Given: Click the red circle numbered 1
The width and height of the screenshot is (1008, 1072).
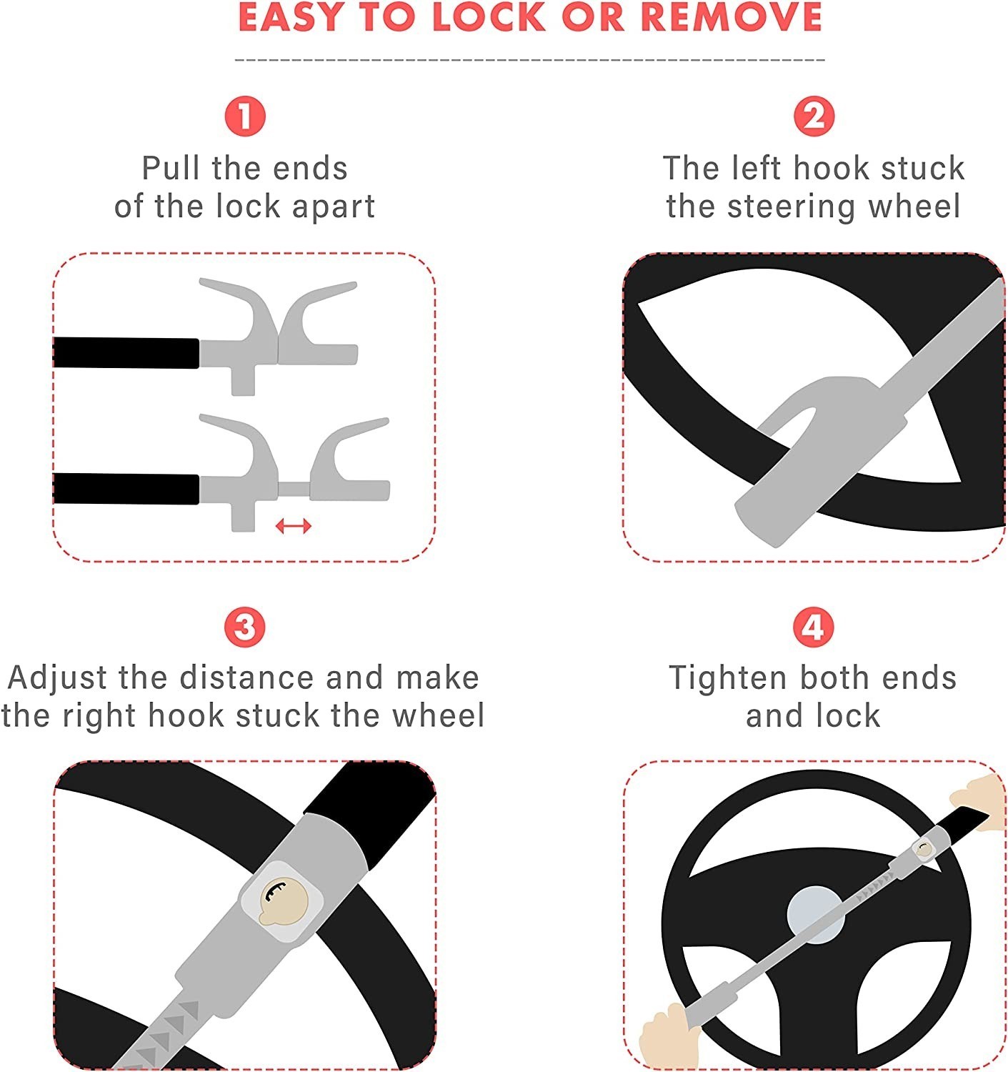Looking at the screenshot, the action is (245, 116).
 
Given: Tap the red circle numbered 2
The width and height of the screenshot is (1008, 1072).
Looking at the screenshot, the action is (814, 116).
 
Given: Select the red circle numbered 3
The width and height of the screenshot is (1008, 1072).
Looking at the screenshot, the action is (245, 627).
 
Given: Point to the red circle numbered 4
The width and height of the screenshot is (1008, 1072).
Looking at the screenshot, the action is (814, 627).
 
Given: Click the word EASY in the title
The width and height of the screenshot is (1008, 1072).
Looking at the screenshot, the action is (290, 17).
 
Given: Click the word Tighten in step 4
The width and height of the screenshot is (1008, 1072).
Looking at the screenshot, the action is (728, 679).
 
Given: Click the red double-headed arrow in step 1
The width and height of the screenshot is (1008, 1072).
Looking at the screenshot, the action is (293, 526).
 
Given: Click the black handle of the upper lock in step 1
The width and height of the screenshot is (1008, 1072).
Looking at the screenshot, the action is (126, 353).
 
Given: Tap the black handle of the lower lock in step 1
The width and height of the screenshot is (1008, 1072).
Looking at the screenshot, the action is (126, 489).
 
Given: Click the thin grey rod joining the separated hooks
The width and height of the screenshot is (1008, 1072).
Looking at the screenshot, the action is (294, 489).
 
